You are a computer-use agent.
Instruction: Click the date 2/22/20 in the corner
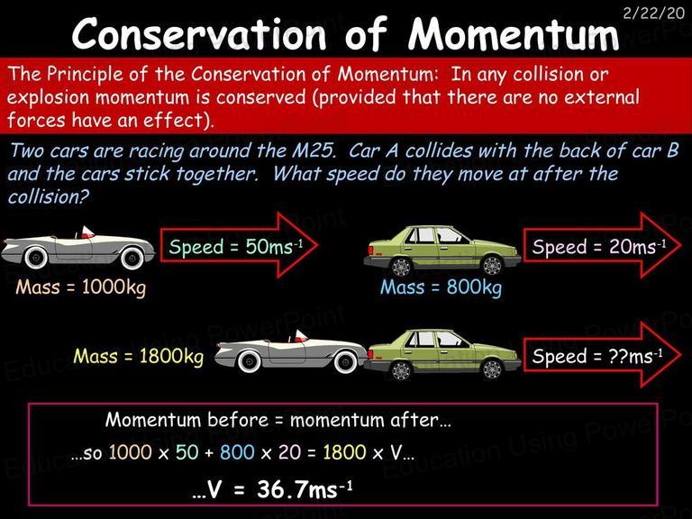653,13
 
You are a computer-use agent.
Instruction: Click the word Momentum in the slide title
513,34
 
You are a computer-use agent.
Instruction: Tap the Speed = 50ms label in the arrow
236,247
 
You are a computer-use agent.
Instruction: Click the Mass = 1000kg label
81,287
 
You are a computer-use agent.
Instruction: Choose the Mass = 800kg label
441,287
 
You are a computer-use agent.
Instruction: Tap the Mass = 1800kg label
139,357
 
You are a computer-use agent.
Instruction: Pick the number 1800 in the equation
344,452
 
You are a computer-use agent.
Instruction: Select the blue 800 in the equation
237,452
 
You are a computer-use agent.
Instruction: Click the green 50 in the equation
187,452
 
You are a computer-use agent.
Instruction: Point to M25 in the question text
313,151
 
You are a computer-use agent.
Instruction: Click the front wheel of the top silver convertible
132,258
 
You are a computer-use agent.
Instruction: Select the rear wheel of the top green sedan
401,267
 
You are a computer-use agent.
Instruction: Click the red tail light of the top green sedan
370,250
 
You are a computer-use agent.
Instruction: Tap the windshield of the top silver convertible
86,232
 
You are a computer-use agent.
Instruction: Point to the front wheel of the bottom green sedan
492,369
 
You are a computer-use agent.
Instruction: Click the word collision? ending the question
48,196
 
